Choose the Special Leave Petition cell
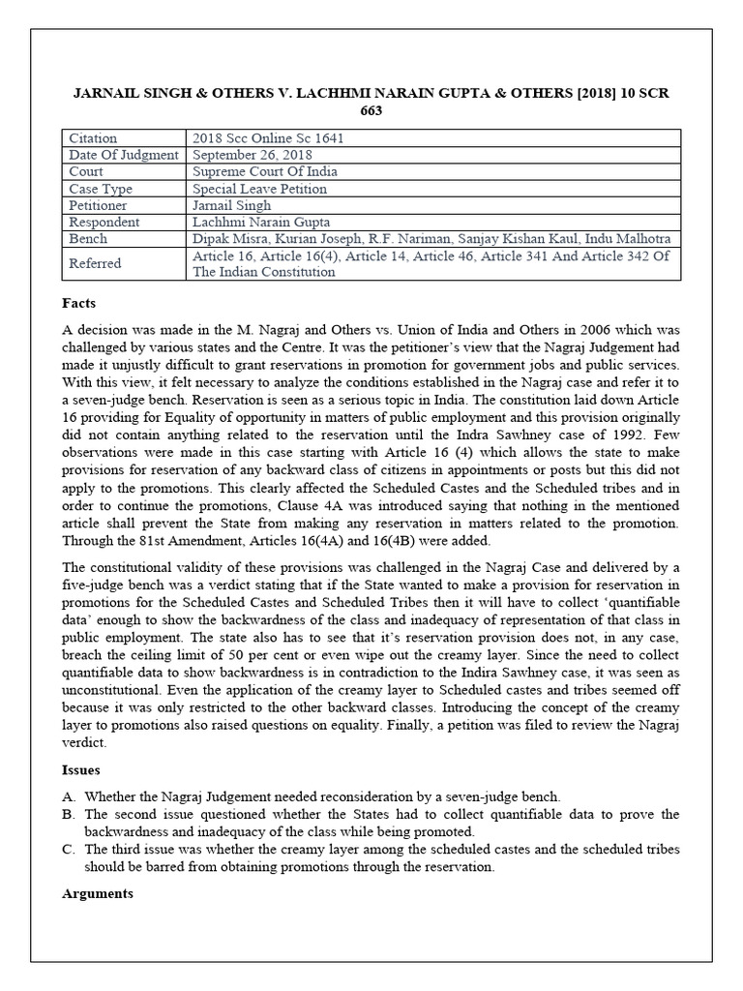coord(259,189)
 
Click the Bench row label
coord(88,238)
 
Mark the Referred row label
coord(96,263)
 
